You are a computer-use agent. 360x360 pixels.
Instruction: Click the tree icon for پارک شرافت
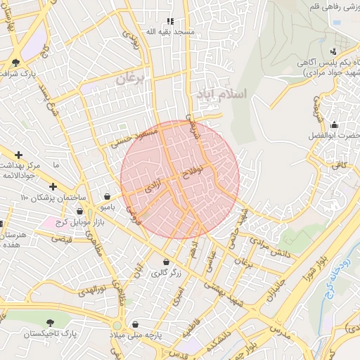[15, 63]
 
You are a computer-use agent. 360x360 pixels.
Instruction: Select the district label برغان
[129, 79]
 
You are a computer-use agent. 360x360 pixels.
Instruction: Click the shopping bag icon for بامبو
[107, 197]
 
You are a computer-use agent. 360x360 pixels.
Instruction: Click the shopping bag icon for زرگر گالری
[166, 262]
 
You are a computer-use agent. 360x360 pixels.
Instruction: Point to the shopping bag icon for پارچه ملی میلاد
[136, 326]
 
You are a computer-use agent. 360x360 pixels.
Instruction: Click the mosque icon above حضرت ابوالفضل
[334, 124]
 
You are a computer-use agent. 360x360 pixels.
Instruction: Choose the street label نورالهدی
[91, 290]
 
